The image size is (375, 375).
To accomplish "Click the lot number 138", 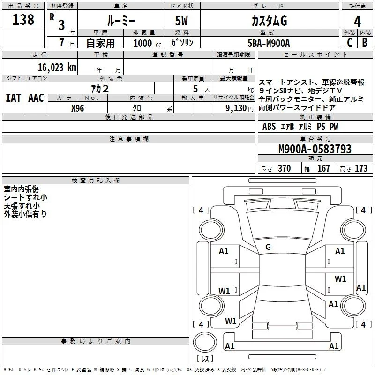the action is point(23,20).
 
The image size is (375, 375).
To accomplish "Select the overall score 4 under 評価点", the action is point(357,22).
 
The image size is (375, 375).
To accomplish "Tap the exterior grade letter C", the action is point(350,43).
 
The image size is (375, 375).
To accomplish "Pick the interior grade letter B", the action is point(365,43).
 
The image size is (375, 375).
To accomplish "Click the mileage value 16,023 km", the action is point(57,67).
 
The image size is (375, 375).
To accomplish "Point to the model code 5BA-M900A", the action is point(269,43).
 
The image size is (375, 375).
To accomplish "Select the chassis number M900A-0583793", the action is point(315,149).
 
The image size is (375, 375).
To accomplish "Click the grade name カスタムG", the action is point(269,21).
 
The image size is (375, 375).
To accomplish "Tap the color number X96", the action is point(77,108).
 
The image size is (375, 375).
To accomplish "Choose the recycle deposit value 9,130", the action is point(236,108).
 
